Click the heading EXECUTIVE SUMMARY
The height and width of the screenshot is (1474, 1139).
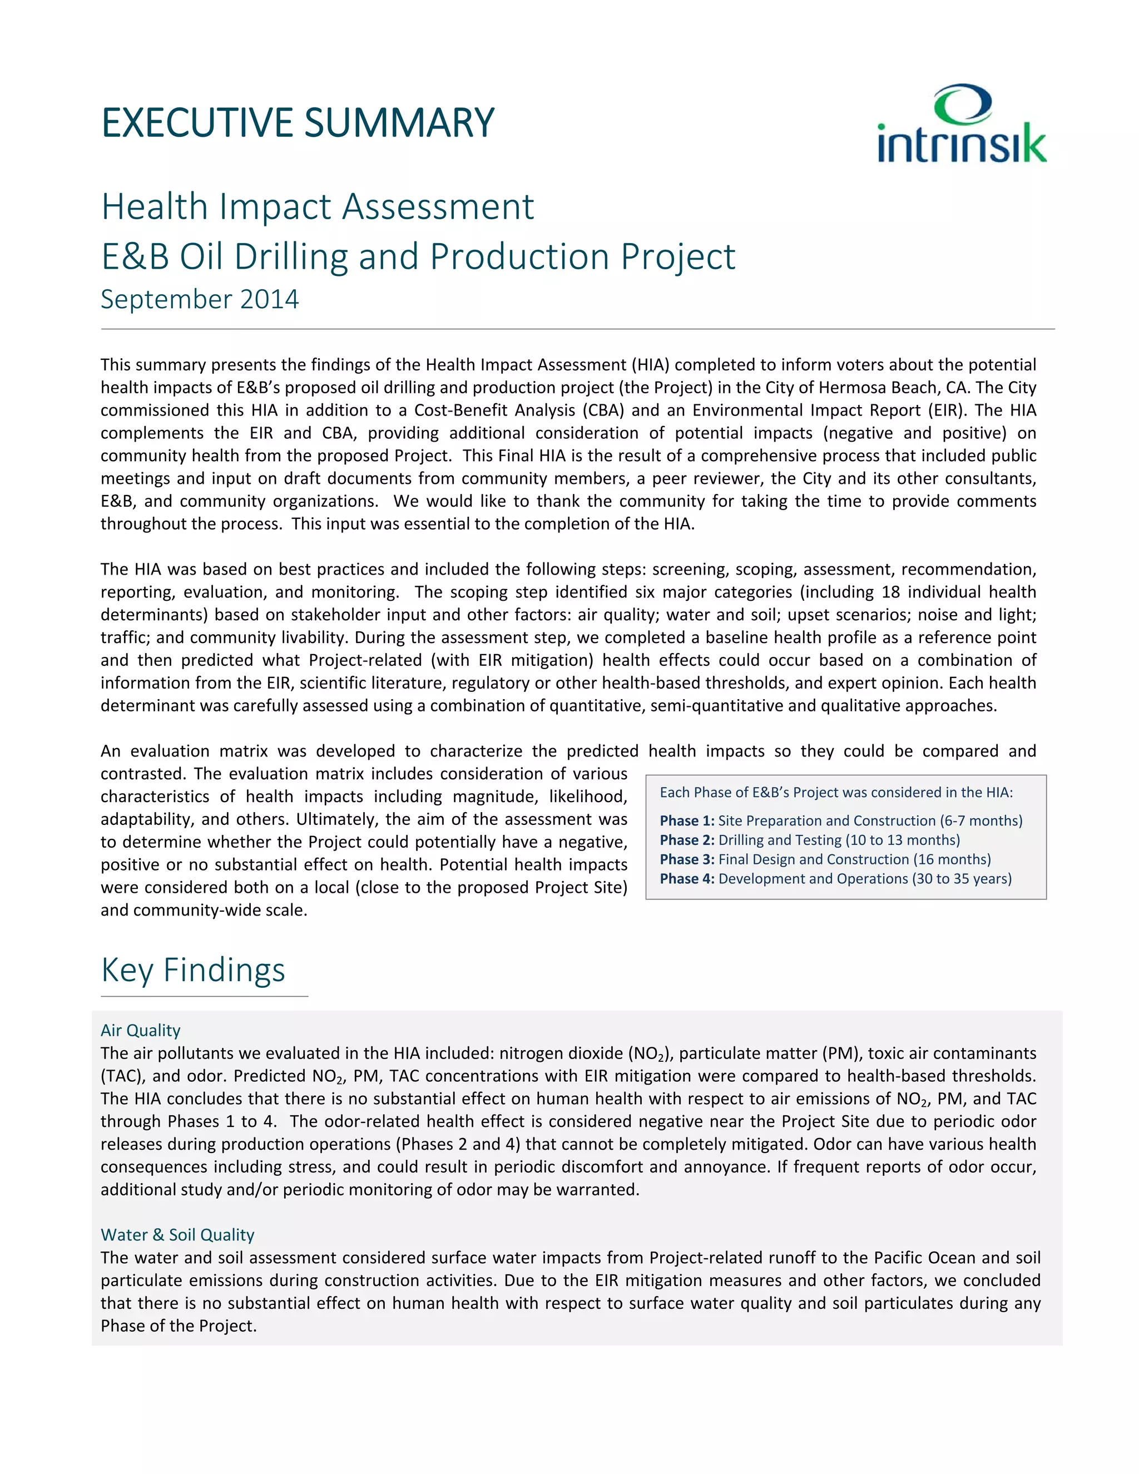point(298,123)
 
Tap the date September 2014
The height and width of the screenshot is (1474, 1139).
point(200,299)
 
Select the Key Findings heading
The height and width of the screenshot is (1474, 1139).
point(193,970)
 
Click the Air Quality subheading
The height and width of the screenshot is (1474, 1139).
point(140,1030)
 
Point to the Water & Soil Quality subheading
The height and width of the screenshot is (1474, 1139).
point(177,1234)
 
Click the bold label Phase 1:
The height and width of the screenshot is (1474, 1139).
point(687,820)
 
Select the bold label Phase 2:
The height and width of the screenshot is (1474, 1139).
point(687,840)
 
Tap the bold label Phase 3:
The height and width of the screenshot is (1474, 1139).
point(687,859)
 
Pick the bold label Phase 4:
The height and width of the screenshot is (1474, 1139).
point(687,879)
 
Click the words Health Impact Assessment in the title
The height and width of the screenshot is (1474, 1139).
point(317,206)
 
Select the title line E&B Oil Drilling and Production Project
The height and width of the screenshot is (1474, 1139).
point(418,256)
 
